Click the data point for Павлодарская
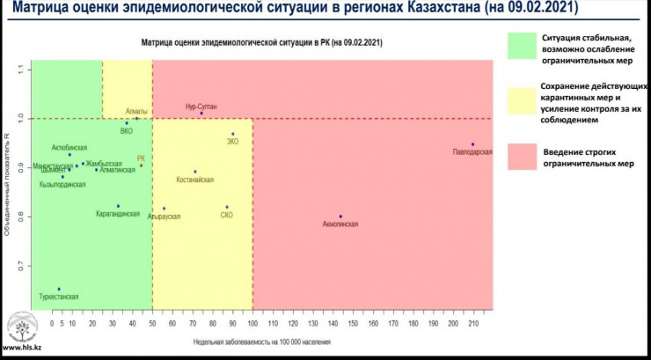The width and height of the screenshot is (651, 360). click(x=472, y=144)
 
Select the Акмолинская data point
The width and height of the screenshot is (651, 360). click(x=340, y=217)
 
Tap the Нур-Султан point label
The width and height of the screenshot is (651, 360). click(x=201, y=106)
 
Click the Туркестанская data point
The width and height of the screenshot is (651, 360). click(x=59, y=289)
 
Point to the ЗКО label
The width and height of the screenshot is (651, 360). click(x=233, y=141)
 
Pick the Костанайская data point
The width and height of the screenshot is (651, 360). click(x=194, y=172)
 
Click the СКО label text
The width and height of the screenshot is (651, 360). click(x=226, y=215)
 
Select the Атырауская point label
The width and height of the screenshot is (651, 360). click(x=164, y=216)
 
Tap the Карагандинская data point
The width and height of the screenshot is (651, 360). click(x=118, y=206)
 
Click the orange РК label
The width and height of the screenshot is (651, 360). click(x=141, y=158)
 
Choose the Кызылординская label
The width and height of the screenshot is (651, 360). click(x=61, y=185)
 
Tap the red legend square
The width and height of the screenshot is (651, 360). click(x=523, y=157)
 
